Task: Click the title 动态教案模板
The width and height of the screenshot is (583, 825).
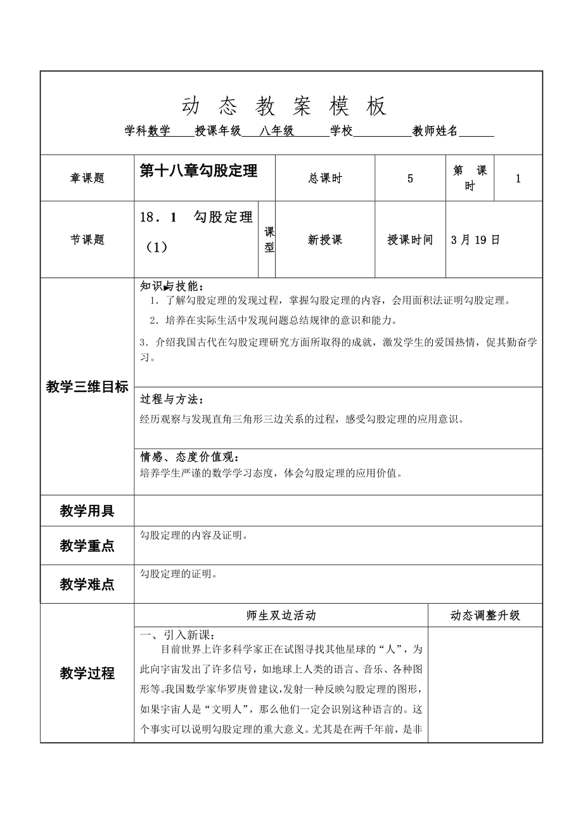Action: [284, 106]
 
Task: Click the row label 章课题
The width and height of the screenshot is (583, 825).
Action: [87, 179]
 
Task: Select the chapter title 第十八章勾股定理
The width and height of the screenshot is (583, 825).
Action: [198, 171]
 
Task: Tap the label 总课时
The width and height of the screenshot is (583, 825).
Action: [324, 179]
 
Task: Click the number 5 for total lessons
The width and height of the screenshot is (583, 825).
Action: [410, 179]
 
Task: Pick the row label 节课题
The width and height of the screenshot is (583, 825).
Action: [87, 240]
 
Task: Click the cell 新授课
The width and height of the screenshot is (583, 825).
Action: [324, 240]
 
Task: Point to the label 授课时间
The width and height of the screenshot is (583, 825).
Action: [410, 240]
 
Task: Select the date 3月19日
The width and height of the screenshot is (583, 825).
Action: [475, 240]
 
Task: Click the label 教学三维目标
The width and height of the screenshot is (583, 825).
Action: [87, 387]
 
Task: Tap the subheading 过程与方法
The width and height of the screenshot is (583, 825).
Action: [172, 400]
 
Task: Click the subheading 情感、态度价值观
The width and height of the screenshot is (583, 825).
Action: [189, 457]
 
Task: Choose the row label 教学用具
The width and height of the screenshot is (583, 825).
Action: [87, 511]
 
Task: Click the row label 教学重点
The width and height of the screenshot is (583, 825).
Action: [87, 546]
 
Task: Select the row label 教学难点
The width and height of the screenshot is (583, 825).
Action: [87, 584]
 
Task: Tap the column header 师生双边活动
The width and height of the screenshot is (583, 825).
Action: [281, 615]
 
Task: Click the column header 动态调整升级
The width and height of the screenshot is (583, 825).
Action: [485, 615]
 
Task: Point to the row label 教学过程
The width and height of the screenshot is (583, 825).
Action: [87, 673]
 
